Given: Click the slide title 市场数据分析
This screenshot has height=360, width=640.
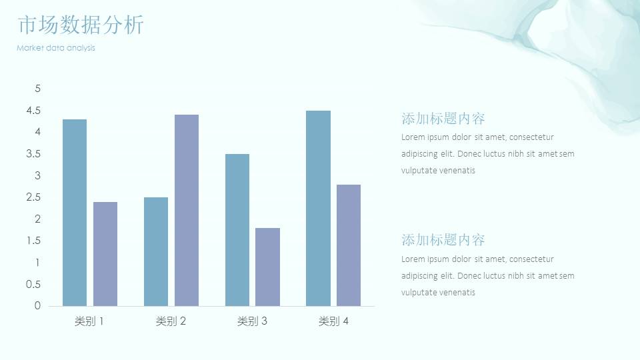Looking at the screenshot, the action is pyautogui.click(x=81, y=25).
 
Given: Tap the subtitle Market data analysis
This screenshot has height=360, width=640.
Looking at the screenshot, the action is pyautogui.click(x=56, y=48).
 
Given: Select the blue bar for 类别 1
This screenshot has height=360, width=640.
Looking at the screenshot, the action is pyautogui.click(x=75, y=213).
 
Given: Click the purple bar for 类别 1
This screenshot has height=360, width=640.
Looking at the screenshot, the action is pyautogui.click(x=105, y=254).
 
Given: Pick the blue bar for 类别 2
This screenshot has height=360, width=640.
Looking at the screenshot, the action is pyautogui.click(x=156, y=251).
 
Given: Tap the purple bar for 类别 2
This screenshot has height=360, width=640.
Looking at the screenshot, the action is pyautogui.click(x=187, y=210).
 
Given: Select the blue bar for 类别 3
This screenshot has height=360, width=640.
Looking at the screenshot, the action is pyautogui.click(x=237, y=230).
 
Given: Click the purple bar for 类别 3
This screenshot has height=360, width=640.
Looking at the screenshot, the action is pyautogui.click(x=268, y=267).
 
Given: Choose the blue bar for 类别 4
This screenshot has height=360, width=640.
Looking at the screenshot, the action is pyautogui.click(x=319, y=208).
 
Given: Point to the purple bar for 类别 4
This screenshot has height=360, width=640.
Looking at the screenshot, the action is pyautogui.click(x=349, y=245).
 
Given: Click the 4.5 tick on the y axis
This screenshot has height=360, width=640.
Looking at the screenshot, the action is pyautogui.click(x=33, y=111).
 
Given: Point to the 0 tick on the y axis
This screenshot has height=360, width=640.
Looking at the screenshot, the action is pyautogui.click(x=37, y=306).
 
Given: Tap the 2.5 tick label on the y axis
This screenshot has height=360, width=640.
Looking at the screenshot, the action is pyautogui.click(x=33, y=197).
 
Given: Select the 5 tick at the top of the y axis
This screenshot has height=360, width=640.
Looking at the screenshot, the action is pyautogui.click(x=38, y=89).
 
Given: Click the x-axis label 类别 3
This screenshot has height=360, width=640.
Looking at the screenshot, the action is pyautogui.click(x=252, y=321).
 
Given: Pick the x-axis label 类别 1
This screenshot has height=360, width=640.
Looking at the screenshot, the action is pyautogui.click(x=89, y=321).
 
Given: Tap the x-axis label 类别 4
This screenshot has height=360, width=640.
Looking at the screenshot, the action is pyautogui.click(x=333, y=321).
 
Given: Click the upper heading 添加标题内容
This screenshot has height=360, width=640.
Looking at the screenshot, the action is pyautogui.click(x=443, y=119).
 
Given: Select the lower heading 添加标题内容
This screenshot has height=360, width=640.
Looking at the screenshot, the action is pyautogui.click(x=443, y=239).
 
